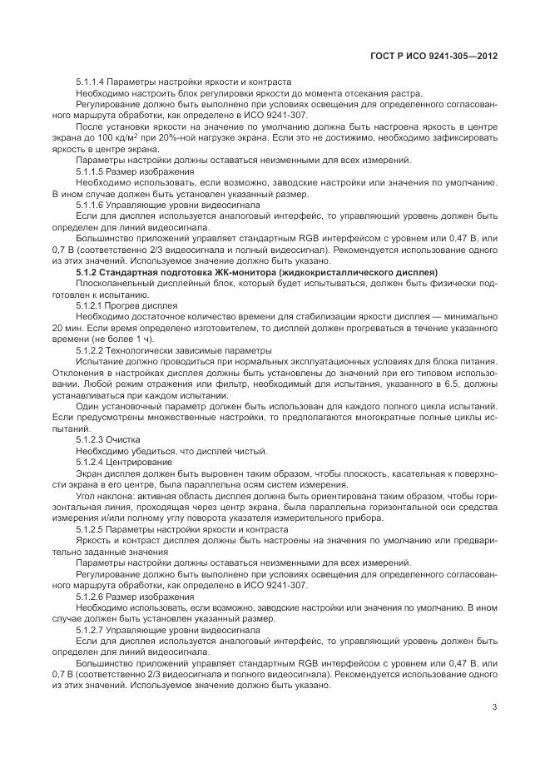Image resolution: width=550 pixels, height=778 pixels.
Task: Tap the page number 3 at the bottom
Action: [494, 708]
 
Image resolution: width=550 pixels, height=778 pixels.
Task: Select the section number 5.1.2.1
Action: [90, 305]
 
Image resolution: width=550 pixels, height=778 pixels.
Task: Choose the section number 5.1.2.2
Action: [90, 349]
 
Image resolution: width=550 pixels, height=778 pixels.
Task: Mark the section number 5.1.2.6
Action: [90, 597]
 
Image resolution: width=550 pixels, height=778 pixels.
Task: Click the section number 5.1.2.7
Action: [90, 630]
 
